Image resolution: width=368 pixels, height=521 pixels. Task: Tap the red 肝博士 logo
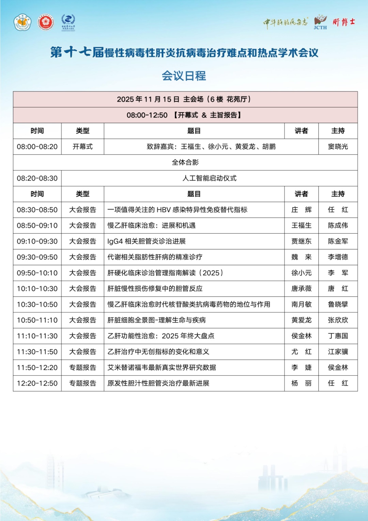pyautogui.click(x=344, y=23)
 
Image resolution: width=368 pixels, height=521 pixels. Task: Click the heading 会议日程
pyautogui.click(x=184, y=76)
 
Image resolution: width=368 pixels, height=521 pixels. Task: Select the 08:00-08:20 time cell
pyautogui.click(x=37, y=147)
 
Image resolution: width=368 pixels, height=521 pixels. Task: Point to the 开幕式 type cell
pyautogui.click(x=82, y=147)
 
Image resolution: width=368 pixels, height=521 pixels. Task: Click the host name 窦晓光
pyautogui.click(x=338, y=147)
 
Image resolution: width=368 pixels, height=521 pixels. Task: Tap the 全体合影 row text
pyautogui.click(x=185, y=162)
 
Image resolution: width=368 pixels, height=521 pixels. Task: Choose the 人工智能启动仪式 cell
pyautogui.click(x=209, y=178)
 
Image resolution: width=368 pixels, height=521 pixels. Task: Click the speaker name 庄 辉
pyautogui.click(x=301, y=210)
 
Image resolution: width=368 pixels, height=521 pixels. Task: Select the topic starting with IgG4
pyautogui.click(x=147, y=241)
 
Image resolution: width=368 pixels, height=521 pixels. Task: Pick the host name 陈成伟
pyautogui.click(x=338, y=226)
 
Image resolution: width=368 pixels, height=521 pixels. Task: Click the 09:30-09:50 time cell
pyautogui.click(x=37, y=257)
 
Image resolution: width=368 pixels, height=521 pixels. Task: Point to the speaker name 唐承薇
pyautogui.click(x=301, y=289)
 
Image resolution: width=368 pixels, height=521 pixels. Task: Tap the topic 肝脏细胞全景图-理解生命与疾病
pyautogui.click(x=156, y=320)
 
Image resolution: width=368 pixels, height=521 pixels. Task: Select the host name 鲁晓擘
pyautogui.click(x=338, y=304)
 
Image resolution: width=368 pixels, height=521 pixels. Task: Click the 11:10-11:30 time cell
pyautogui.click(x=37, y=336)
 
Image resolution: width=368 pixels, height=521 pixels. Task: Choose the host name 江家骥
pyautogui.click(x=338, y=352)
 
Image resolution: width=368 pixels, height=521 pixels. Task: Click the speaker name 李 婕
pyautogui.click(x=301, y=367)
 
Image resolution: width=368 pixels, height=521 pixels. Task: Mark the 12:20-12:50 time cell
pyautogui.click(x=37, y=383)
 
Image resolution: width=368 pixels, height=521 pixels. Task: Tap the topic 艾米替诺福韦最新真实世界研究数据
pyautogui.click(x=162, y=367)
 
